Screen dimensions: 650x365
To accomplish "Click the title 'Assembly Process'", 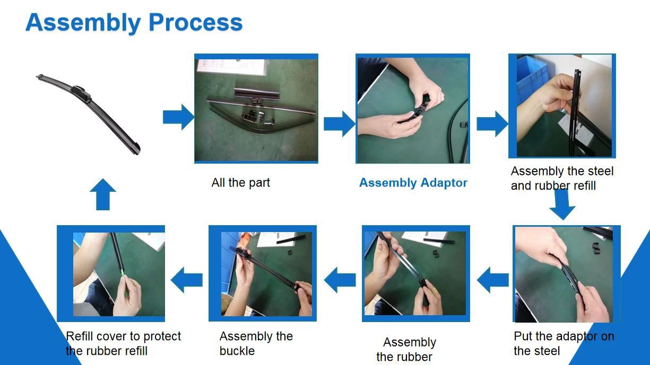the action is coord(134,23).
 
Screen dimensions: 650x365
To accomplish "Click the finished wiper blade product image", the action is coord(89,114).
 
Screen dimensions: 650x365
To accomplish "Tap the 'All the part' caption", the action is coord(240,183).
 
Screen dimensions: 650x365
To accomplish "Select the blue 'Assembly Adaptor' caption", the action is coord(413,183).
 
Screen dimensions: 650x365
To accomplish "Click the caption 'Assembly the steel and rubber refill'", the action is coord(562,179).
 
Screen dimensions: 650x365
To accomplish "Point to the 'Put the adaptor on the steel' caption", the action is coord(564,344).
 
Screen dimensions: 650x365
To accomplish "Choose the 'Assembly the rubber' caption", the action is coord(406,349).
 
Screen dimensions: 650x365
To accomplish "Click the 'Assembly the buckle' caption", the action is coord(256,344).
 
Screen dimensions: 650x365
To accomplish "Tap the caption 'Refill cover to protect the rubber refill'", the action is coord(123,344).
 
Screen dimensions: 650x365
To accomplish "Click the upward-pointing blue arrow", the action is coord(103,194).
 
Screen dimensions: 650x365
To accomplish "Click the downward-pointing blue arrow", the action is coord(562,204).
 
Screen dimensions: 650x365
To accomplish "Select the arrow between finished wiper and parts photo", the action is coord(178,117).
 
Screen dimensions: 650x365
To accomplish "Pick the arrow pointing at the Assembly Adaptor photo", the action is coord(340,123).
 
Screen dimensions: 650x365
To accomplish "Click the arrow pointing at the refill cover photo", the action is coord(187,280).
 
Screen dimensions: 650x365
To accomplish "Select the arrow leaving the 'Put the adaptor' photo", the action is coord(493,280).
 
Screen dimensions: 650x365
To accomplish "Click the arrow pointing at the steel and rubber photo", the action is coord(492,123).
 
